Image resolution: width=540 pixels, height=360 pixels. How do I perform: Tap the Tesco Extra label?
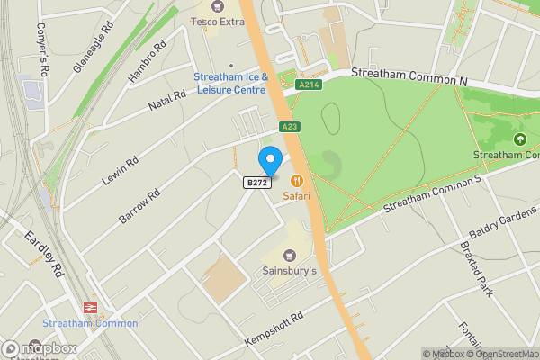(x=217, y=21)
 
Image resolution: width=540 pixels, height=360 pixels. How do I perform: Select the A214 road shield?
(x=309, y=85)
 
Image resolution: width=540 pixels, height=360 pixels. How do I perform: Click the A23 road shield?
(x=289, y=127)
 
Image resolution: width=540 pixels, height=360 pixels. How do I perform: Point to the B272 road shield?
(x=256, y=183)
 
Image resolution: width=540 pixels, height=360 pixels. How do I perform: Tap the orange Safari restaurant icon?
(x=297, y=180)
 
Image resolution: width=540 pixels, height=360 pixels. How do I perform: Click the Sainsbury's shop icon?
(x=290, y=256)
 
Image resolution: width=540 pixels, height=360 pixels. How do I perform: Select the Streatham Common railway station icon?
(x=90, y=306)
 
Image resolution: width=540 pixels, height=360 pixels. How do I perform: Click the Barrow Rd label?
(x=139, y=206)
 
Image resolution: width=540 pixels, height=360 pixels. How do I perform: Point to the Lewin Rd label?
(x=120, y=171)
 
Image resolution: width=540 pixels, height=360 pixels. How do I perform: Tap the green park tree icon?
(x=519, y=139)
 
